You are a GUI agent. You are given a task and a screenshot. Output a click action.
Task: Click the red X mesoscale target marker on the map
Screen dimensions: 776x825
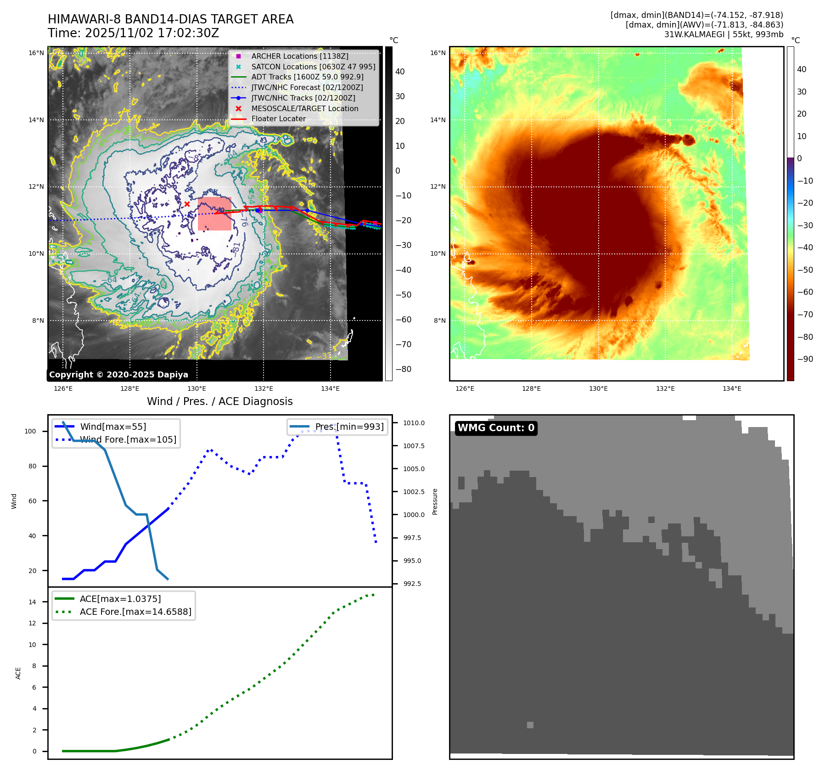click(x=187, y=204)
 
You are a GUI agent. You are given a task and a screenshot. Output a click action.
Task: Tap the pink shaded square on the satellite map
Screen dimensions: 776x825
click(x=214, y=214)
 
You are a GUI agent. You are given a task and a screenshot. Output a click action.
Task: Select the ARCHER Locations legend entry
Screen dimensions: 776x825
click(x=299, y=56)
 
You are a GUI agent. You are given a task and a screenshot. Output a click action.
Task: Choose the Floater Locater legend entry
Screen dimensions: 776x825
click(x=278, y=119)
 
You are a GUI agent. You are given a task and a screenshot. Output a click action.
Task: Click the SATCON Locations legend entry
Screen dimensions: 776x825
click(x=313, y=67)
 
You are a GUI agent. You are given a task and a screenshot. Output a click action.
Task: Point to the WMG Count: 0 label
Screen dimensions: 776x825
click(x=496, y=428)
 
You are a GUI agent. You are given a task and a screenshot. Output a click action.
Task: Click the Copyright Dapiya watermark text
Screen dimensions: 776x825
click(x=118, y=375)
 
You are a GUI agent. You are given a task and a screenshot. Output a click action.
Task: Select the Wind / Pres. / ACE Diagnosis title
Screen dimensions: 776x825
click(x=219, y=401)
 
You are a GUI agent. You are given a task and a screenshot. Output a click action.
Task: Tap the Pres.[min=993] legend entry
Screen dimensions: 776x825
click(x=349, y=427)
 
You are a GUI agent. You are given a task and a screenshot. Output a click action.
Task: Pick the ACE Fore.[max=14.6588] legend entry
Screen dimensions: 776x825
click(x=135, y=612)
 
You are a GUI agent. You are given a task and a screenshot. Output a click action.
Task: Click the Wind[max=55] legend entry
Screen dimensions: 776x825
click(x=113, y=427)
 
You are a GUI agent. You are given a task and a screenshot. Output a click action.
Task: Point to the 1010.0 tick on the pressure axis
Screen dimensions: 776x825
click(x=414, y=423)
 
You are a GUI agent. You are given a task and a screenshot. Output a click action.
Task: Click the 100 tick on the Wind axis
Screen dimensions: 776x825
click(x=30, y=431)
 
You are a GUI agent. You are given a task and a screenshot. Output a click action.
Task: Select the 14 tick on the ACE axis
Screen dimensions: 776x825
click(x=32, y=602)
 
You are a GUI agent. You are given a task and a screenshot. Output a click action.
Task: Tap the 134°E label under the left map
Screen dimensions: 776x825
click(x=330, y=389)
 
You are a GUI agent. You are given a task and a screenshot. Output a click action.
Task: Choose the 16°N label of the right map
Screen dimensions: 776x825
click(x=438, y=53)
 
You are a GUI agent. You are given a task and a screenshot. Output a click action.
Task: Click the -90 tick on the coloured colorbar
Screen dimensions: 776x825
click(x=805, y=359)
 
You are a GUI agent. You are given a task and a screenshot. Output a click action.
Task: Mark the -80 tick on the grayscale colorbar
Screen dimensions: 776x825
click(x=403, y=369)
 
